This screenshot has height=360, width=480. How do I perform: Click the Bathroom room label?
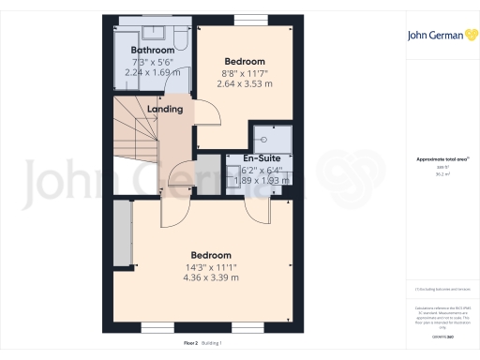152,50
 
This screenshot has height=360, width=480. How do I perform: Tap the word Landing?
165,110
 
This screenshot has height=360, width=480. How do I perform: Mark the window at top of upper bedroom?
247,20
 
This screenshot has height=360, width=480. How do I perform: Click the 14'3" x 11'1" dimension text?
206,266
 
